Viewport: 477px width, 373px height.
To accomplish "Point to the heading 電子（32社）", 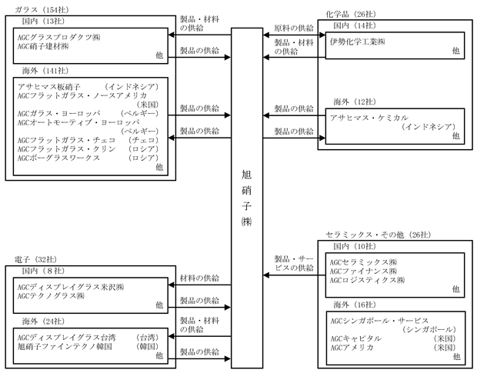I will tap(35, 259).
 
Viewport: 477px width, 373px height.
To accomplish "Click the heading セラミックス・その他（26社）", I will tap(377, 234).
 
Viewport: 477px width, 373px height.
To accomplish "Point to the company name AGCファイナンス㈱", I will tap(362, 272).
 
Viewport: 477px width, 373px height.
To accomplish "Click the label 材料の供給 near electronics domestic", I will tap(199, 278).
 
